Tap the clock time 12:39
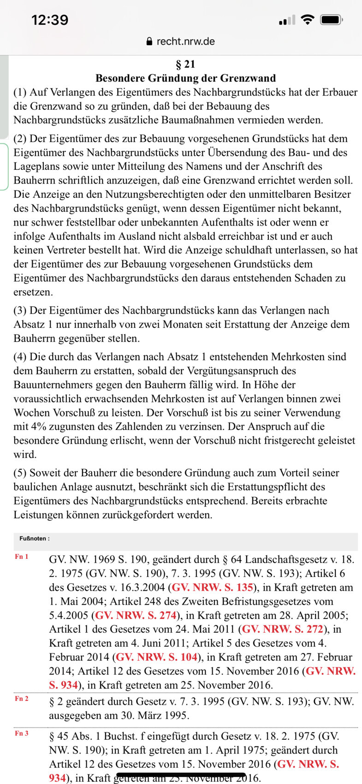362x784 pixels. [x=50, y=20]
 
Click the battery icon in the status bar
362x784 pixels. [x=331, y=20]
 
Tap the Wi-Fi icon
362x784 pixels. [x=307, y=19]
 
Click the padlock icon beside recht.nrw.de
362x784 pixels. [x=149, y=42]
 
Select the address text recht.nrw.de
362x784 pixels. [x=185, y=42]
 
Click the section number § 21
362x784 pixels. [x=185, y=64]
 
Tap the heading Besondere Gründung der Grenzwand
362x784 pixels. [x=185, y=78]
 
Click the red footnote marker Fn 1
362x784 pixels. [x=22, y=557]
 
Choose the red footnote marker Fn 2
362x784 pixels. [x=22, y=699]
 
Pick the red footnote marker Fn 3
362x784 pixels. [x=22, y=733]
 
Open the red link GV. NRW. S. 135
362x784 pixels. [x=213, y=588]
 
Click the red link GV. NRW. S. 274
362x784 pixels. [x=136, y=615]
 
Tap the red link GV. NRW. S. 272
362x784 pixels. [x=283, y=629]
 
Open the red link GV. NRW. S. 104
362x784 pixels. [x=156, y=657]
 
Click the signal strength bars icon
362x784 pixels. [x=286, y=20]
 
